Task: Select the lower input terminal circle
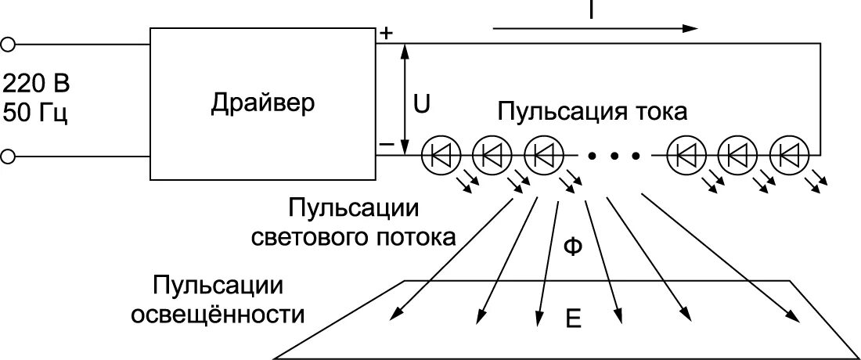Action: coord(8,157)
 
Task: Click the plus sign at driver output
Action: coord(387,33)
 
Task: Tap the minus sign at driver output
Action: coord(387,145)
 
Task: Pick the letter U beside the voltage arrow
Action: coord(422,104)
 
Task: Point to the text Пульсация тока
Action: coord(592,112)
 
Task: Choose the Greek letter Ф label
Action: coord(572,247)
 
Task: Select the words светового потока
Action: coord(354,237)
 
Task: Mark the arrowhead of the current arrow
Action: coord(690,28)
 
